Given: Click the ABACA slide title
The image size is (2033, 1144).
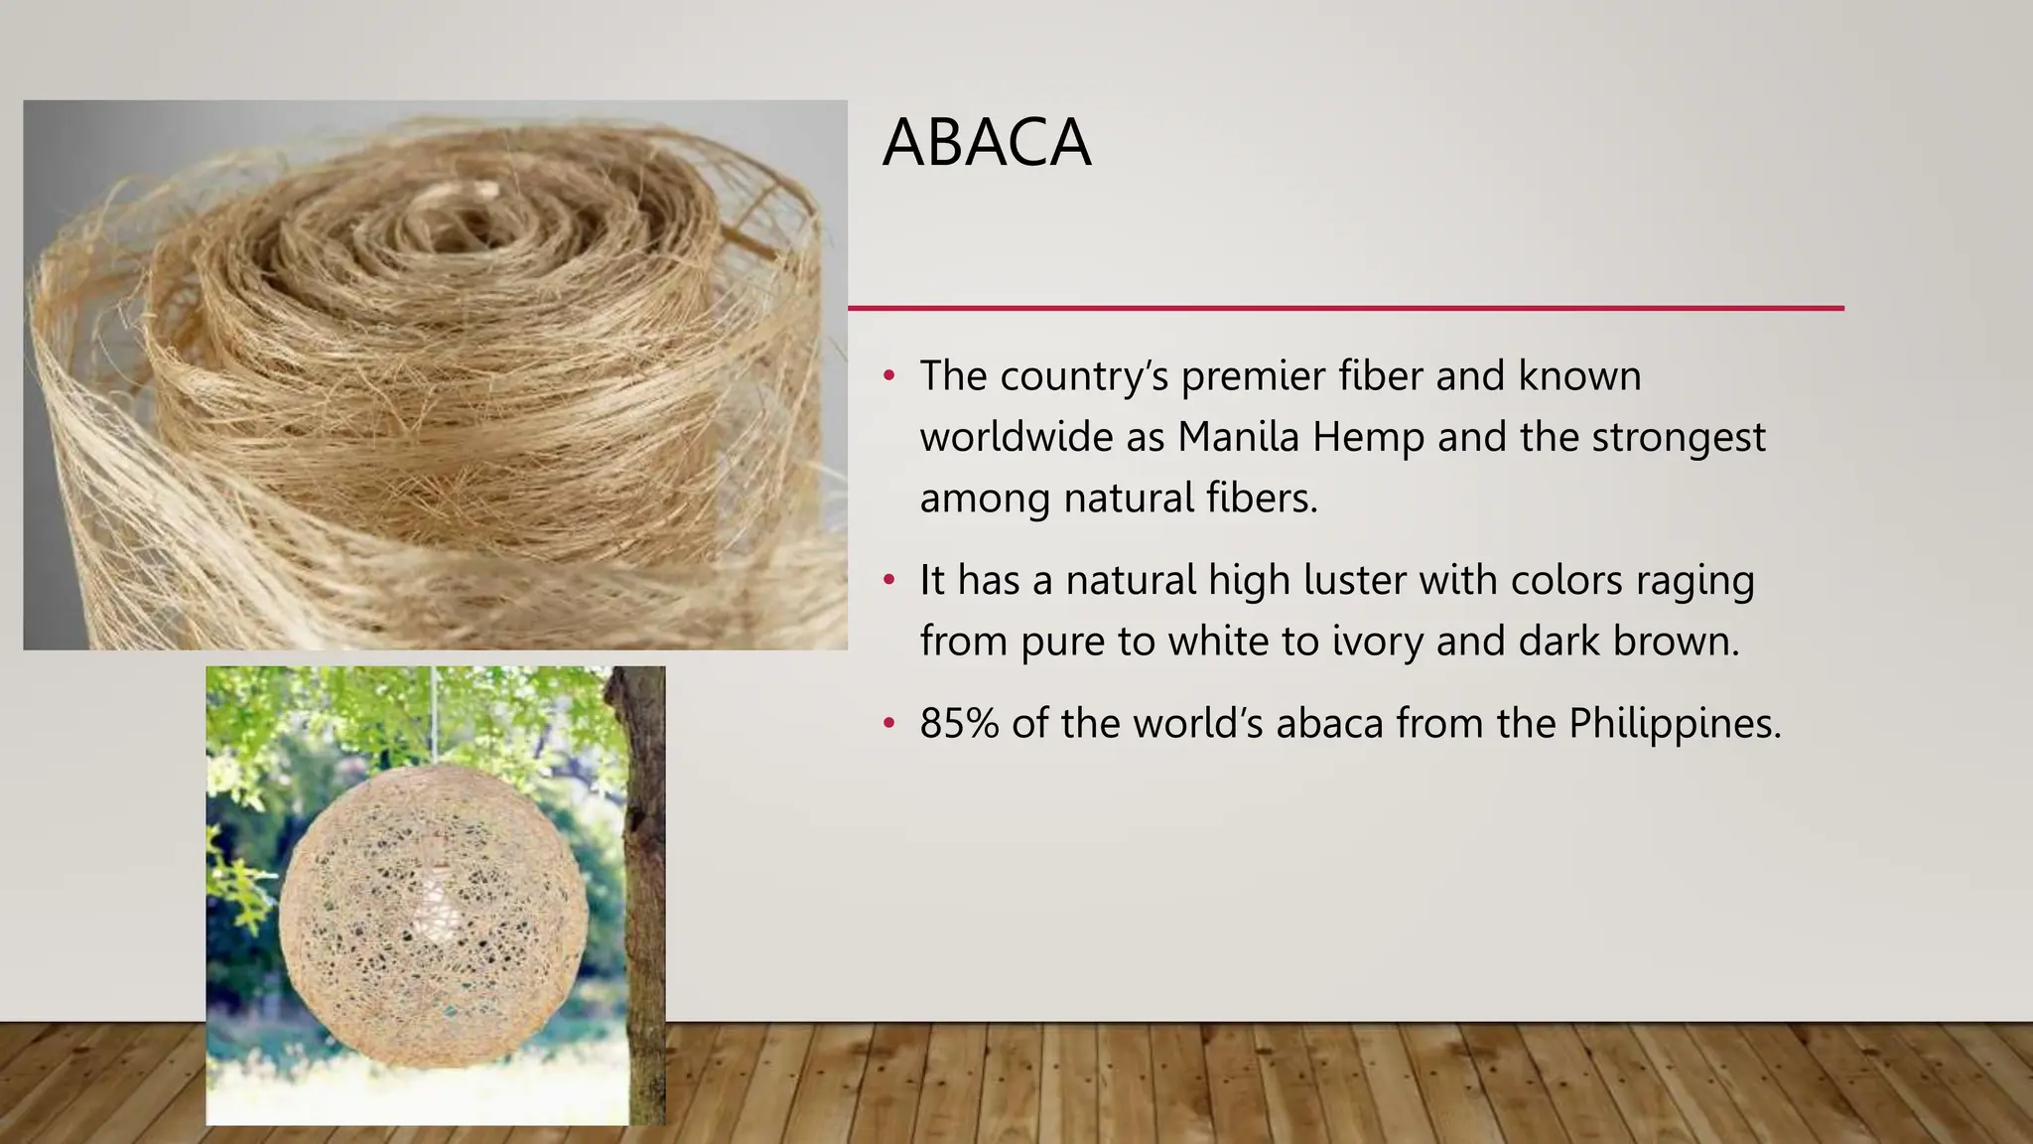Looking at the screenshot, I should [x=987, y=143].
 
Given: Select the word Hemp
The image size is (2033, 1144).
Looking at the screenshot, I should [x=1368, y=437].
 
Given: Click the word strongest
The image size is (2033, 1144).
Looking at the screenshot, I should [x=1679, y=437].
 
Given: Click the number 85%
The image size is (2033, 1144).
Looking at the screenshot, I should [x=959, y=723].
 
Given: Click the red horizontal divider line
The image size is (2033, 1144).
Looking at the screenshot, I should [x=1345, y=308].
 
